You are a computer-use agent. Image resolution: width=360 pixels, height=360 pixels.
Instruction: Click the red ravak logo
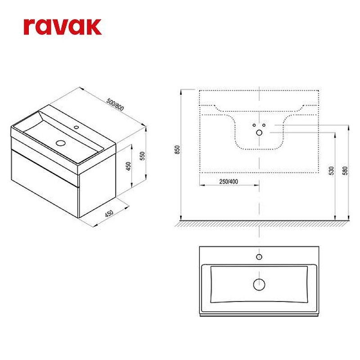click(x=63, y=27)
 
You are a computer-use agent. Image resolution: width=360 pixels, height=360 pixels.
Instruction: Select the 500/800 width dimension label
click(x=115, y=104)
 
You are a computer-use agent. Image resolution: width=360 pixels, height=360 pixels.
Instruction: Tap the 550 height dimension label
click(x=142, y=156)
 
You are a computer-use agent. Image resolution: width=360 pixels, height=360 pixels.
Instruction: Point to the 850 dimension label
click(x=177, y=150)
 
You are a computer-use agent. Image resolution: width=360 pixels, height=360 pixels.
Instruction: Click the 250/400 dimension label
click(x=229, y=182)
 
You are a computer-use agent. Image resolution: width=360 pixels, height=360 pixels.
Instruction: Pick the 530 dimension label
click(x=331, y=171)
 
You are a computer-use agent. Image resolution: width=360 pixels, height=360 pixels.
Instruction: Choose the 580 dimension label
click(x=345, y=171)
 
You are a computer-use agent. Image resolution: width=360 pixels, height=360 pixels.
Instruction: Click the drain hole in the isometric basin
click(x=61, y=143)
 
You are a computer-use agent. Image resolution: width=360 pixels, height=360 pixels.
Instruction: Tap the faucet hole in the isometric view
click(x=76, y=127)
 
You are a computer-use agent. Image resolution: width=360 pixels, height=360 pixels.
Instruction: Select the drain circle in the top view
click(x=259, y=284)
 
